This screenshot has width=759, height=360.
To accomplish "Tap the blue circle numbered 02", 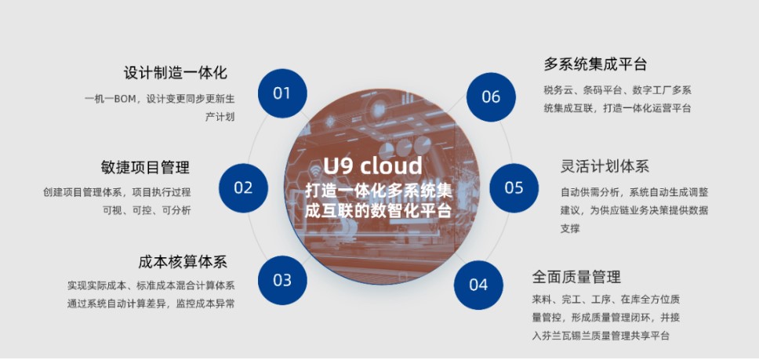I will pos(243,187).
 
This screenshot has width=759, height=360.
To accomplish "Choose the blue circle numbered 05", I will pos(514,187).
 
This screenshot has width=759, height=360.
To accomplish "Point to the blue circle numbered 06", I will pos(491,96).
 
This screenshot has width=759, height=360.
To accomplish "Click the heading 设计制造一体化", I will pos(176,73).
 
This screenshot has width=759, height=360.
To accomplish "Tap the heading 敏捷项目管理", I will pos(145,167).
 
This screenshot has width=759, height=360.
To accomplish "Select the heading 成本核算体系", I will pos(183,261).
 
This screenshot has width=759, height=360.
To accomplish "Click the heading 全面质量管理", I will pos(576,277).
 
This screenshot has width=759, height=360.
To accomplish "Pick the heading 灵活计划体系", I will pos(605,166).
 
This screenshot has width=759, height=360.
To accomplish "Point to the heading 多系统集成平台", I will pos(595,64).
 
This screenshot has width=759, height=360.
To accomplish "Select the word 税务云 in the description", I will pos(558,90).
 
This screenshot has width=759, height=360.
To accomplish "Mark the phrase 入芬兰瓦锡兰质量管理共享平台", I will pos(601,336).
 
